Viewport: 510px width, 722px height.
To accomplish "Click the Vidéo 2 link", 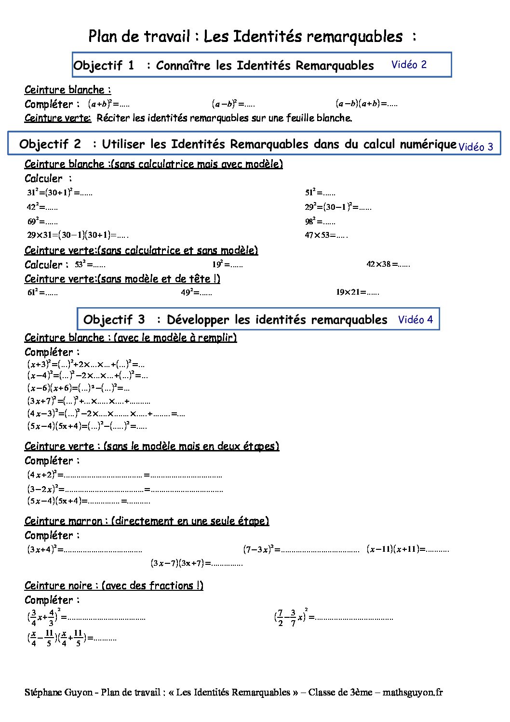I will tap(409, 65).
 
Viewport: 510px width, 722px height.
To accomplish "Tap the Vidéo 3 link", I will tap(475, 147).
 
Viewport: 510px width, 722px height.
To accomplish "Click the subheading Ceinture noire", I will tap(114, 586).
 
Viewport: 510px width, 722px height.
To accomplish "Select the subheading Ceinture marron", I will tap(147, 521).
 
